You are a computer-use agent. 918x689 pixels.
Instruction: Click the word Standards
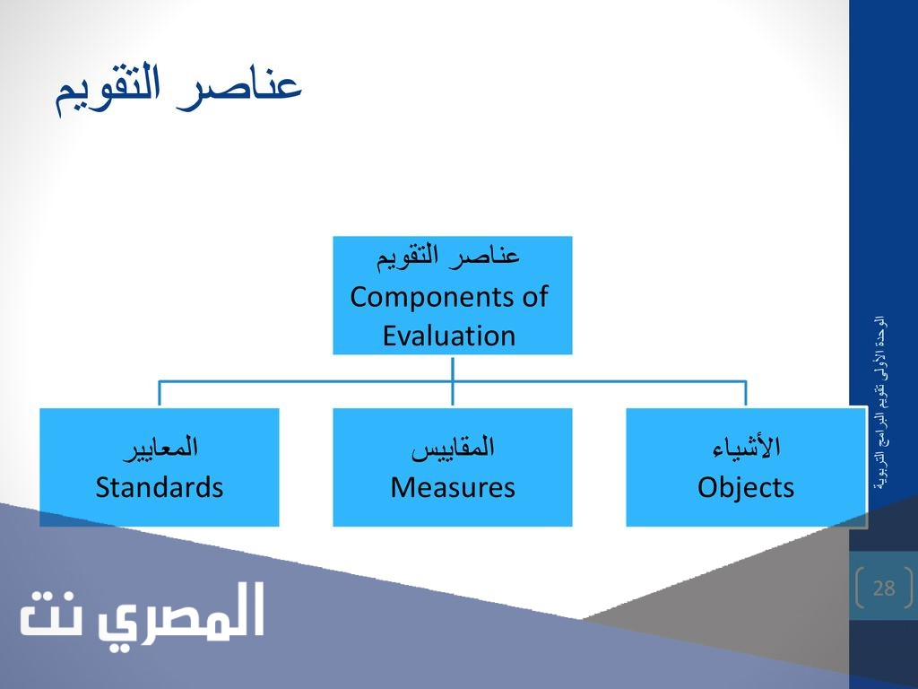coord(160,487)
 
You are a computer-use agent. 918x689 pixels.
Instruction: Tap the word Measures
coord(453,487)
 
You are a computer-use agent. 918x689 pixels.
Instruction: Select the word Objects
coord(746,488)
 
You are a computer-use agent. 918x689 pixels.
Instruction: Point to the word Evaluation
coord(449,336)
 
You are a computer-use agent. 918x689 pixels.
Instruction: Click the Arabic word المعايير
coord(160,449)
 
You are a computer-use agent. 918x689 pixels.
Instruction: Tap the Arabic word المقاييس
coord(453,449)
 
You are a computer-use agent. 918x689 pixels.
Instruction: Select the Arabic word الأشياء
coord(747,447)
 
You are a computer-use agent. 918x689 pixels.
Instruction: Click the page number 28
coord(884,588)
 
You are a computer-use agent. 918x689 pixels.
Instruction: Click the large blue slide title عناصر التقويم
coord(178,91)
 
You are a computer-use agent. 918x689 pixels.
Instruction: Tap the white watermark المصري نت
coord(143,613)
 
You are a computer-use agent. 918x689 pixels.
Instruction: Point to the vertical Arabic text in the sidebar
coord(879,404)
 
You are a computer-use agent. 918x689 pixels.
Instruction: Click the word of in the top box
coord(534,296)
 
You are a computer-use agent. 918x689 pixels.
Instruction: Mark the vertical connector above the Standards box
coord(160,393)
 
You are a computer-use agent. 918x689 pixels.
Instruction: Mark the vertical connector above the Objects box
coord(746,393)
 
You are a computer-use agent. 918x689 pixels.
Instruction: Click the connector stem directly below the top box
coord(453,368)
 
